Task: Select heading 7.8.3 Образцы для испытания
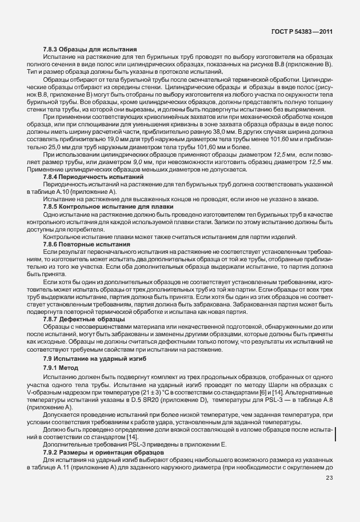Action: coord(90,50)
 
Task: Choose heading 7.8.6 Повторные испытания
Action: coord(87,244)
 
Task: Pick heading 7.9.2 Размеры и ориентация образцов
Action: coord(104,452)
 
